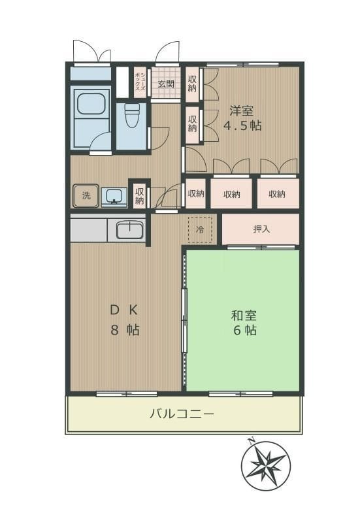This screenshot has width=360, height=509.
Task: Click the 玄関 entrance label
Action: pos(165,84)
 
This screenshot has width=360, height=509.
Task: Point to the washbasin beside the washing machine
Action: pos(114,195)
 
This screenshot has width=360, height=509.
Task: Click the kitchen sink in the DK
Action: pos(130,231)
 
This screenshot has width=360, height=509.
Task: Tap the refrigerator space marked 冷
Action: pos(201,230)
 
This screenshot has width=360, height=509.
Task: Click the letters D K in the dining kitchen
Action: pos(123,310)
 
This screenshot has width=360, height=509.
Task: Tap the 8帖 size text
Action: pos(124,330)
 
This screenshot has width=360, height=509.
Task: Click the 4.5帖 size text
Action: pos(242,125)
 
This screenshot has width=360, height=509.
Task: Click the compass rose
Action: pos(265,467)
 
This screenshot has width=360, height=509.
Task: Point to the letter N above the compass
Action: pos(251,442)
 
